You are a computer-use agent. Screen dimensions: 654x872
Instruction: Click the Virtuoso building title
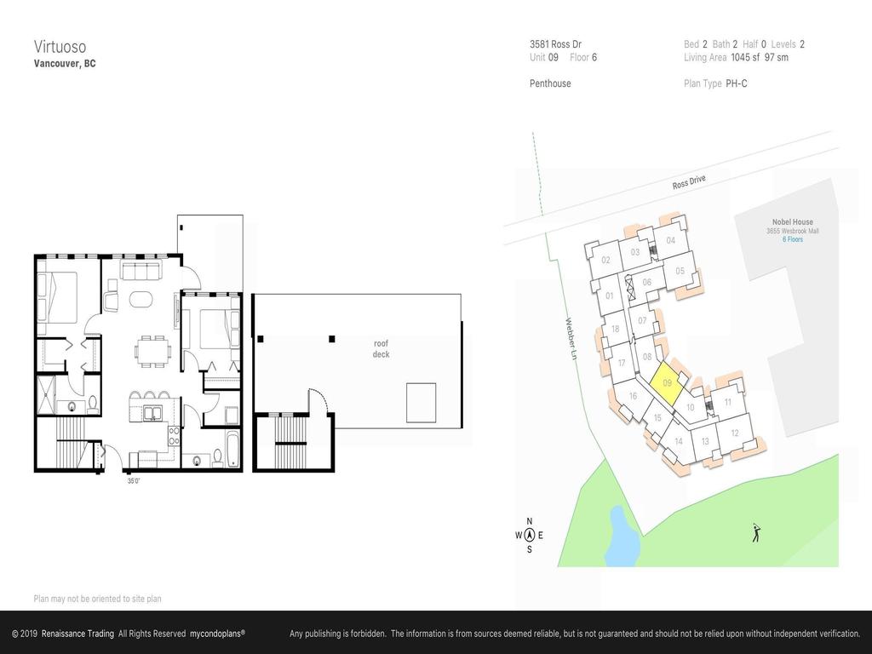pyautogui.click(x=60, y=46)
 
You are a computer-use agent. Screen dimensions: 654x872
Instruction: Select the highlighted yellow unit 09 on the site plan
pyautogui.click(x=667, y=383)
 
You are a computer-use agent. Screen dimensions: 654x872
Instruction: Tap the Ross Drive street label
pyautogui.click(x=689, y=183)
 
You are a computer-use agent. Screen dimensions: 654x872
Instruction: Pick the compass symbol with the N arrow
pyautogui.click(x=529, y=536)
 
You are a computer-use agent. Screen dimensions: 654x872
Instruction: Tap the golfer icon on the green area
pyautogui.click(x=755, y=533)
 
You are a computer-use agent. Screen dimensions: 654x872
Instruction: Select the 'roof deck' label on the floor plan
pyautogui.click(x=381, y=348)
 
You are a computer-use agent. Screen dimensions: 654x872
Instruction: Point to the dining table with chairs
pyautogui.click(x=153, y=349)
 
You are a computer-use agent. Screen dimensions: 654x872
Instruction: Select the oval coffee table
pyautogui.click(x=141, y=300)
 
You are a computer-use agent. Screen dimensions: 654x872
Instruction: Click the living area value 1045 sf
pyautogui.click(x=745, y=58)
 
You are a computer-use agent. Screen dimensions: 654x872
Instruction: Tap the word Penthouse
pyautogui.click(x=550, y=83)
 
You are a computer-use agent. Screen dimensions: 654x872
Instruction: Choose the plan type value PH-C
pyautogui.click(x=736, y=83)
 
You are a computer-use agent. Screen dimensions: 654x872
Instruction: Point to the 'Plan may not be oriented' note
pyautogui.click(x=97, y=599)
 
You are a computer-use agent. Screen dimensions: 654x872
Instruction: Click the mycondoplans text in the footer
pyautogui.click(x=217, y=634)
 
